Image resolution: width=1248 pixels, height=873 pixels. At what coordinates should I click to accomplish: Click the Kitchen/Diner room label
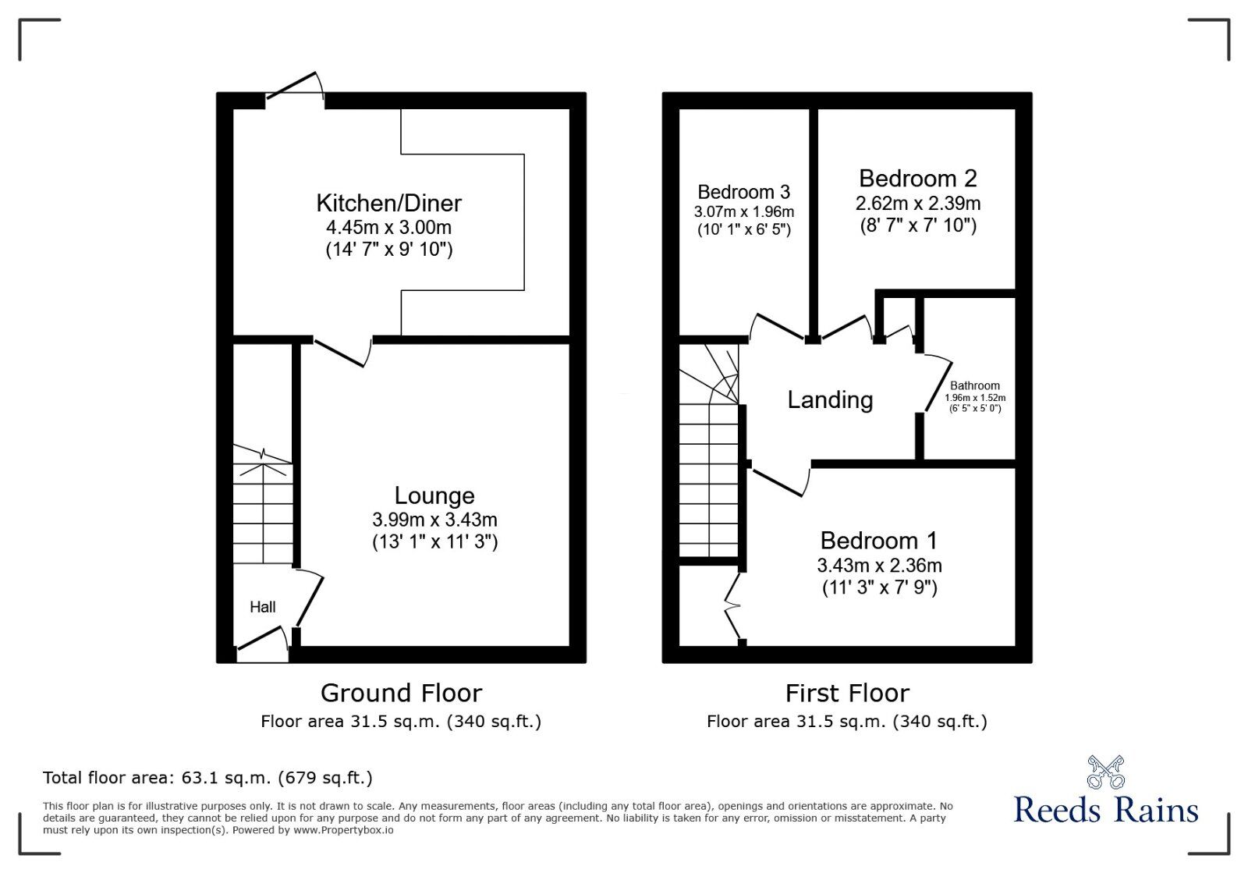click(x=388, y=204)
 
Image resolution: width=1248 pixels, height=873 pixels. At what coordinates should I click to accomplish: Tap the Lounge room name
click(x=434, y=496)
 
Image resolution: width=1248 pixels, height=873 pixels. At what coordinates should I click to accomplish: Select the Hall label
click(x=263, y=607)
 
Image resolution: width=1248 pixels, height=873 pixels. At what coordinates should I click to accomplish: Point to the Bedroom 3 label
click(x=743, y=192)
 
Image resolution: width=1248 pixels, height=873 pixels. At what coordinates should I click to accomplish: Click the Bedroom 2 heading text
click(x=917, y=179)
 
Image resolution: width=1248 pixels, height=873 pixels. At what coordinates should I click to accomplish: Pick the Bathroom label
click(x=974, y=385)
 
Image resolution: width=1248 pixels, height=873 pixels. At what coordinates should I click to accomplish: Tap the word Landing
click(x=830, y=400)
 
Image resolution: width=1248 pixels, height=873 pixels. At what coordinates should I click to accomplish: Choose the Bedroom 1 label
click(x=879, y=541)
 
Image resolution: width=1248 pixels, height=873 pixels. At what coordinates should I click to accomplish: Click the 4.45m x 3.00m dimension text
click(x=388, y=228)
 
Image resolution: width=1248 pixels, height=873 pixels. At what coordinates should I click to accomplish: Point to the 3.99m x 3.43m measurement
click(x=434, y=520)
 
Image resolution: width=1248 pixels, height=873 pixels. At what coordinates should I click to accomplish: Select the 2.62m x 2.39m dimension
click(x=917, y=204)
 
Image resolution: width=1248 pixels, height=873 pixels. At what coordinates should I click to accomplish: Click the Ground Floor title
click(x=401, y=693)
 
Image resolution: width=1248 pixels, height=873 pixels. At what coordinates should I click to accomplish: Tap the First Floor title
click(x=847, y=693)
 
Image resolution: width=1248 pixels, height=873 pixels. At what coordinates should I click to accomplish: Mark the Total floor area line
click(x=207, y=778)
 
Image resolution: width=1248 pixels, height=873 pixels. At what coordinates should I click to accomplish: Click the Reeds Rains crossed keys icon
click(x=1106, y=772)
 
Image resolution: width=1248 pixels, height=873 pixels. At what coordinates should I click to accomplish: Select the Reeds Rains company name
click(x=1106, y=810)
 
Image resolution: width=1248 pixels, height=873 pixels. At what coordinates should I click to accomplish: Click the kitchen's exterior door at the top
click(x=295, y=87)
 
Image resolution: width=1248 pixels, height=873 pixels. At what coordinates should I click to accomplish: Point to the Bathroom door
click(x=938, y=384)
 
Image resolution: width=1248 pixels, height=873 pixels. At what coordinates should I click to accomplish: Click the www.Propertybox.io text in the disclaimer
click(x=343, y=830)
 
